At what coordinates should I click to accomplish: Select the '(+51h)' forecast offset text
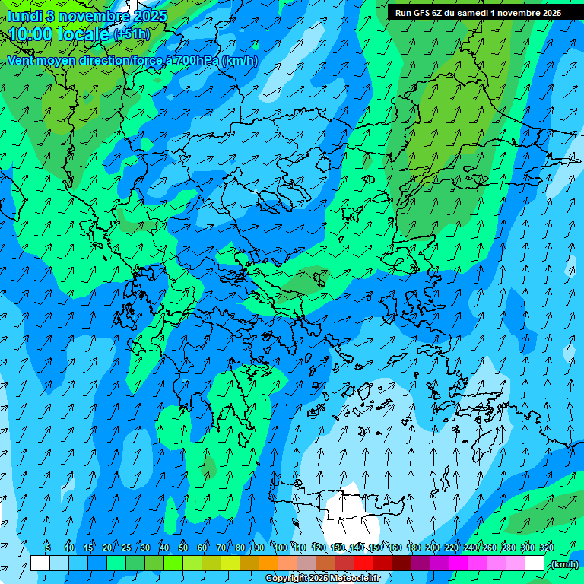132,34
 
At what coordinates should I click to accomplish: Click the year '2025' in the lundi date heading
150,16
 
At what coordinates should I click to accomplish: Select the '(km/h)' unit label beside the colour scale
564,564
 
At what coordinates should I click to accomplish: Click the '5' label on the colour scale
48,547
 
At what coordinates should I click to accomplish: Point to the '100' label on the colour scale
281,547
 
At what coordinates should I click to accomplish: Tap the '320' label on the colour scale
547,547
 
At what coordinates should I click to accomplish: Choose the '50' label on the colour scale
183,547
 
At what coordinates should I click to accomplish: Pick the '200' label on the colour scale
433,547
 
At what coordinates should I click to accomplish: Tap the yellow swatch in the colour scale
230,563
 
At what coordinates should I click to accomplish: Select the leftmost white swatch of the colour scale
40,563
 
